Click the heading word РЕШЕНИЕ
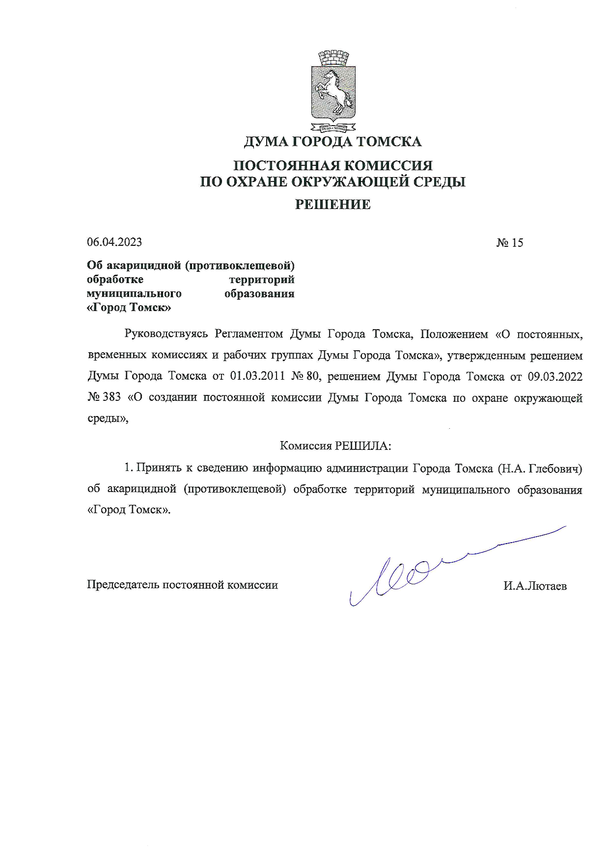(332, 205)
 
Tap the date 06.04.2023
(114, 242)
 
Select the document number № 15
(509, 242)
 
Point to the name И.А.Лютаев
(535, 586)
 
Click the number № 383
(104, 397)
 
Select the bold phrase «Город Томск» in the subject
(129, 308)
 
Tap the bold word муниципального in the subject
(134, 294)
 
